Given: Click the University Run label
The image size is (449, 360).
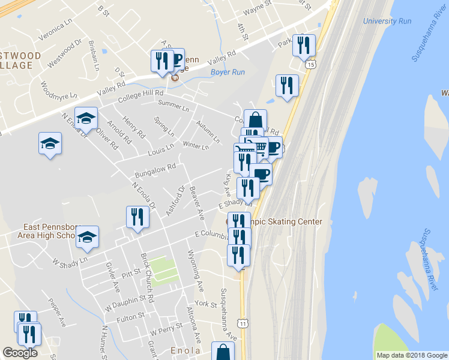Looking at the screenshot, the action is pyautogui.click(x=387, y=21).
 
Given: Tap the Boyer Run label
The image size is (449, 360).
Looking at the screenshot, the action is pyautogui.click(x=228, y=73).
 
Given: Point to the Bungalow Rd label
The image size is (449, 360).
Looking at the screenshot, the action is pyautogui.click(x=155, y=170).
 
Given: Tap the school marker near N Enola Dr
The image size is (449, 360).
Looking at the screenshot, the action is pyautogui.click(x=86, y=118).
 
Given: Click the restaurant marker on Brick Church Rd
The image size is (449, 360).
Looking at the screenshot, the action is pyautogui.click(x=137, y=217).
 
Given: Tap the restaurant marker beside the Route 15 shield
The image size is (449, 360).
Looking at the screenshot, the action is pyautogui.click(x=304, y=45).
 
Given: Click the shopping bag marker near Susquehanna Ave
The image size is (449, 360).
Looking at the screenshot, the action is pyautogui.click(x=223, y=352).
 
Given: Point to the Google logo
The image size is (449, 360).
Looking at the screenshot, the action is pyautogui.click(x=20, y=353).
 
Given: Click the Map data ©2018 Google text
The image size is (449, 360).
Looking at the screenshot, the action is pyautogui.click(x=411, y=355).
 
